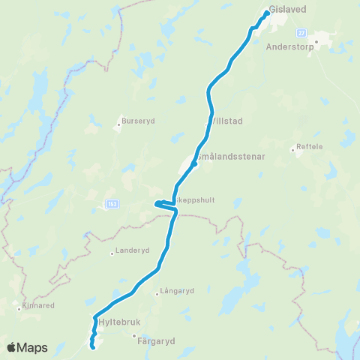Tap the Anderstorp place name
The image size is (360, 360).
[289, 44]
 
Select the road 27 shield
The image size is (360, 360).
[301, 33]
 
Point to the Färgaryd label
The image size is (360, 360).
[157, 340]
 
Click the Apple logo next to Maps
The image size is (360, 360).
[12, 347]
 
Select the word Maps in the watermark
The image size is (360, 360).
[33, 347]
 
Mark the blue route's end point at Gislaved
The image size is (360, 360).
[267, 12]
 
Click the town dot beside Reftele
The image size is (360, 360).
[293, 148]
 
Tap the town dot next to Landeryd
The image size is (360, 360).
[112, 253]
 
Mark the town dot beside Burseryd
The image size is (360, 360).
[118, 124]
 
